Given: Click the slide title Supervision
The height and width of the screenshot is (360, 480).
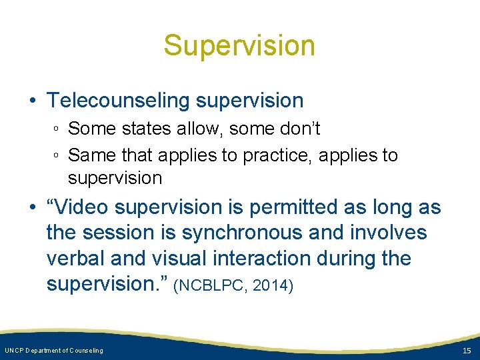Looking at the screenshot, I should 239,46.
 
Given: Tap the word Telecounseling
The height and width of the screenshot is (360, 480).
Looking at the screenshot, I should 119,101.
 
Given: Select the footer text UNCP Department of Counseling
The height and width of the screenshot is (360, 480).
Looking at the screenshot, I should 54,351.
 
